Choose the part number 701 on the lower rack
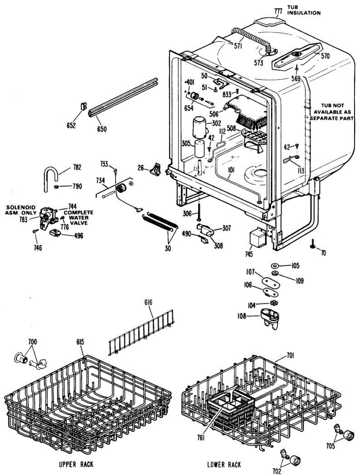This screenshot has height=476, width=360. point(291,357)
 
